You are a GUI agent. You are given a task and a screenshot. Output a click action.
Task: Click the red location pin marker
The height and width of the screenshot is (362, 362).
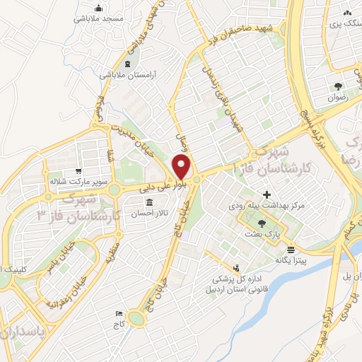click(182, 168)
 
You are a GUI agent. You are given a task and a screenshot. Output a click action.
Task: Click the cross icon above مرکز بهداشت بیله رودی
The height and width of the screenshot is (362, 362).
click(267, 194)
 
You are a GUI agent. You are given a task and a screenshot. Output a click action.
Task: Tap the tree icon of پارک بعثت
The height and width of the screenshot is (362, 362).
click(262, 223)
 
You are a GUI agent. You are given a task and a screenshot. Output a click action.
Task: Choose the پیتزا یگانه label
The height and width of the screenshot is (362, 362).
click(290, 260)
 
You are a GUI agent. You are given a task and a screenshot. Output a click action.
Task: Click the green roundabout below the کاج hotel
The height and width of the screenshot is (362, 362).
click(136, 320)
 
